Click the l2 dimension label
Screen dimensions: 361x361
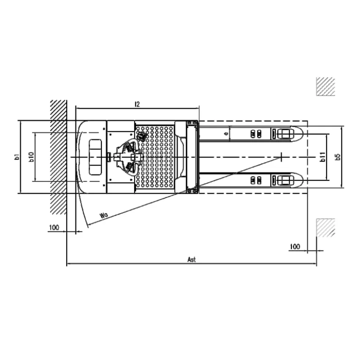pos(137,104)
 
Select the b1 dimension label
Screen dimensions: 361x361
pos(16,157)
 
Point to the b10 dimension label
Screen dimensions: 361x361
pos(31,157)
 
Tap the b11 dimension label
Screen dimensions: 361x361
pos(322,157)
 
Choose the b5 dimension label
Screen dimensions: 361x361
pos(337,157)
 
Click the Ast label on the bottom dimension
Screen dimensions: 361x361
pos(191,259)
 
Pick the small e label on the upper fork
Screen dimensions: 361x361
pos(226,134)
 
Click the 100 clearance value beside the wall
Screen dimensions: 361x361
pos(54,228)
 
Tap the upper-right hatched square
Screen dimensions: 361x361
pos(325,86)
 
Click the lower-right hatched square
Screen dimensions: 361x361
pos(325,228)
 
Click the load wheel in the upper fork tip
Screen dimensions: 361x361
pos(284,134)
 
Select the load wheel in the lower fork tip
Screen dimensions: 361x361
pos(284,180)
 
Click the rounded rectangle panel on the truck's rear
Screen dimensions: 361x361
pos(95,157)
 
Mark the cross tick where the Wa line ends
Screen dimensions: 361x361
pos(281,157)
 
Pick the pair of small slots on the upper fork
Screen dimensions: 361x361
pos(256,134)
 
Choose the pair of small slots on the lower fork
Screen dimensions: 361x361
pos(256,180)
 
